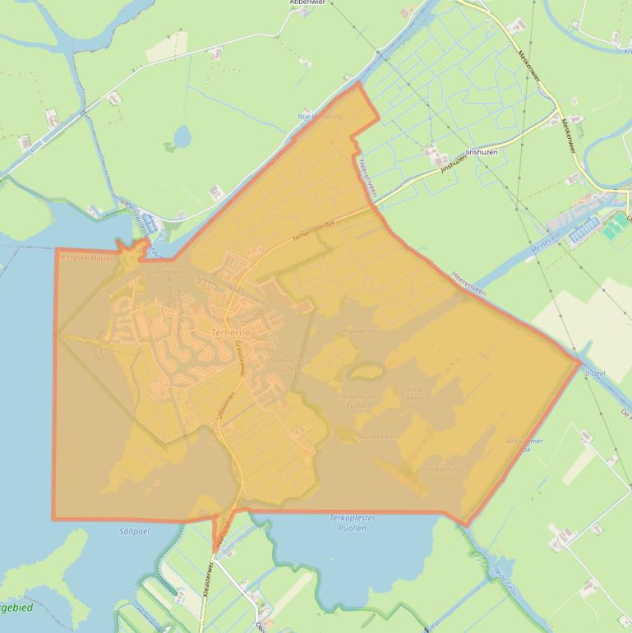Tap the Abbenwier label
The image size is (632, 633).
click(307, 3)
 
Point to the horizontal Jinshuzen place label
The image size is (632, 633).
click(482, 152)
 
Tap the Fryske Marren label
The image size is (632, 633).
click(91, 257)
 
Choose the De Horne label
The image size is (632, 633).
click(170, 271)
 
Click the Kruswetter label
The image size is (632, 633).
click(359, 330)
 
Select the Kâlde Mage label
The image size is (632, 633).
click(416, 394)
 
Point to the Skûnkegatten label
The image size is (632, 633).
click(380, 437)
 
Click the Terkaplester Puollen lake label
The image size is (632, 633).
click(352, 522)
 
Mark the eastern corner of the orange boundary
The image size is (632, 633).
click(580, 361)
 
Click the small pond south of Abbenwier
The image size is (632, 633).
click(181, 136)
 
